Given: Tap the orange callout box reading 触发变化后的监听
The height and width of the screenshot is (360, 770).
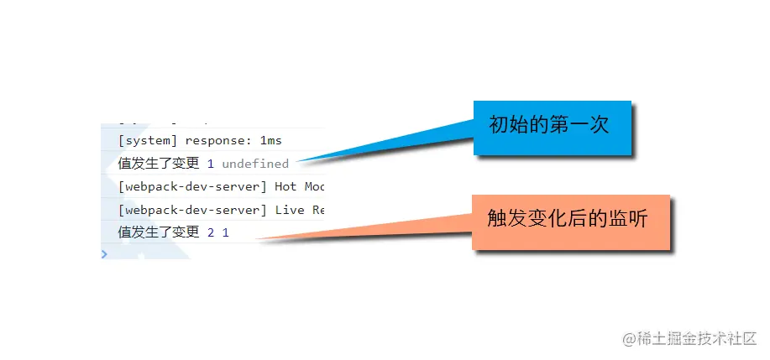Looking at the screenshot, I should (x=570, y=222).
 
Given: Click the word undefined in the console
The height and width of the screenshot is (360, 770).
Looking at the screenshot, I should (x=255, y=164).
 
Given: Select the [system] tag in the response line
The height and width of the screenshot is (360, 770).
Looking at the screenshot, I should (x=148, y=140).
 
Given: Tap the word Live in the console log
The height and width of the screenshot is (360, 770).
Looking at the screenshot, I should (x=290, y=210).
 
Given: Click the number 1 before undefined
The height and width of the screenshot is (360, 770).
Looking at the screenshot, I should (x=211, y=164).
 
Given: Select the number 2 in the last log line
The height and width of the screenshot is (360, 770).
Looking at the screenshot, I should (x=211, y=232).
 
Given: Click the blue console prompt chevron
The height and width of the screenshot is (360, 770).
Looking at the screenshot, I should (x=104, y=253).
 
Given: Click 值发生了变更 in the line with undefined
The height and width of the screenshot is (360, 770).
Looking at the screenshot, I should (x=159, y=164).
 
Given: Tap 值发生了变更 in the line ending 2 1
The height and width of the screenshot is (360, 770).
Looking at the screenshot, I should (x=159, y=232).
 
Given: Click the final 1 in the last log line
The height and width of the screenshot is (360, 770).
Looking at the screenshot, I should (x=225, y=232).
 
